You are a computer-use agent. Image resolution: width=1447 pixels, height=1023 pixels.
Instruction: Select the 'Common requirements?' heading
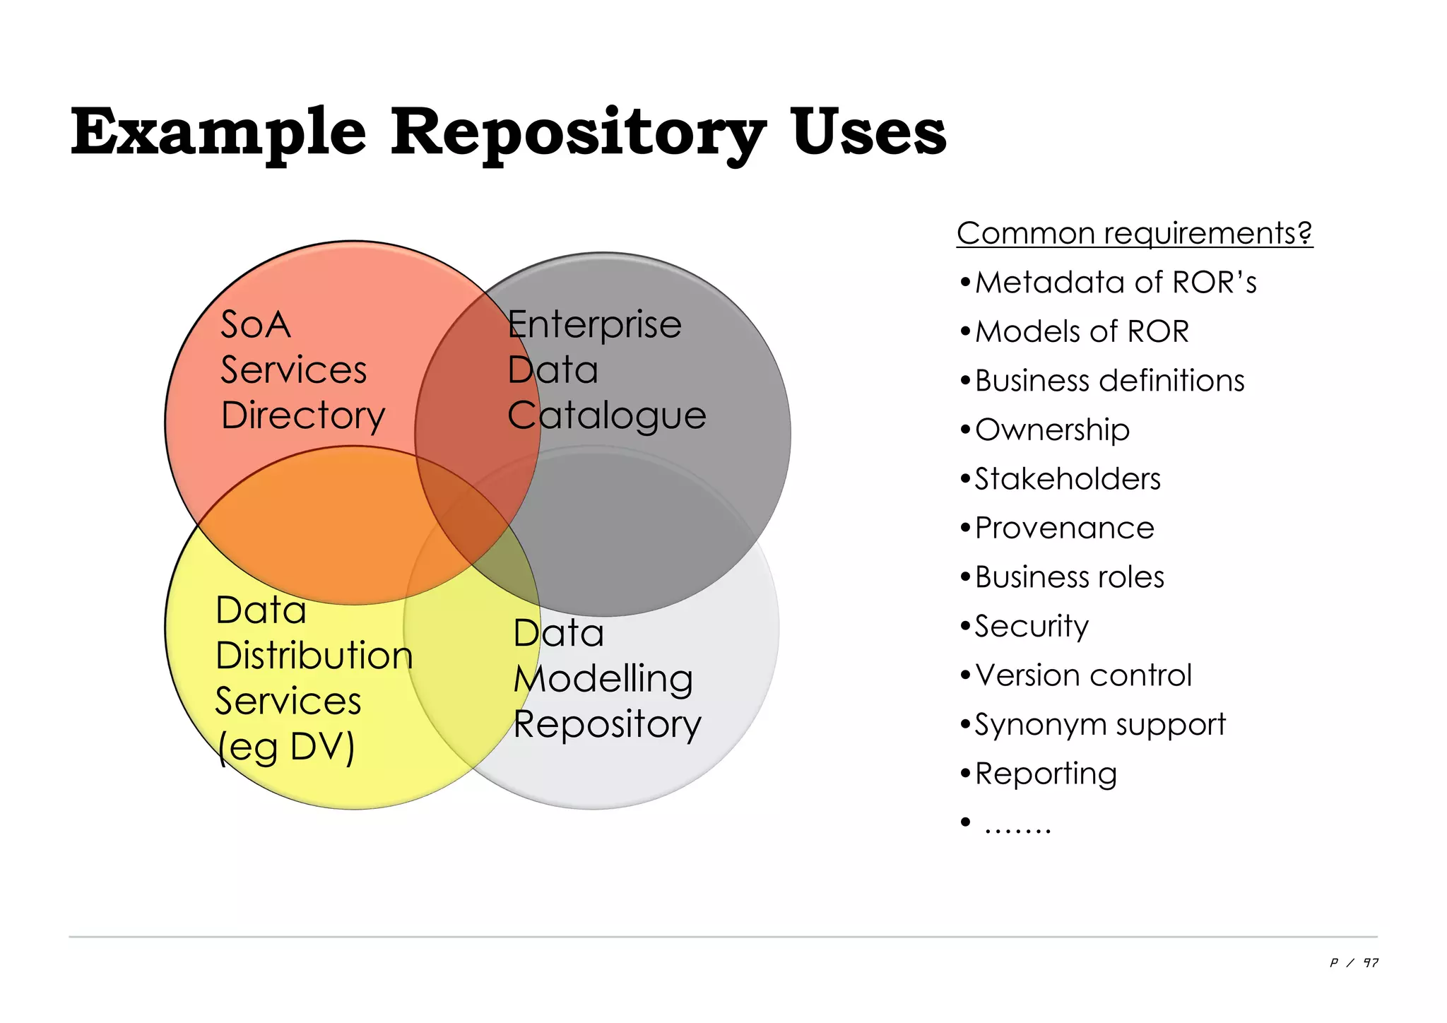click(1134, 233)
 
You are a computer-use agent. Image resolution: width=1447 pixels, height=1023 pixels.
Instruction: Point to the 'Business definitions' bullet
click(1109, 381)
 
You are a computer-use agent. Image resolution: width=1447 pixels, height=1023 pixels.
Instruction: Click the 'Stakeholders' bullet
click(1067, 479)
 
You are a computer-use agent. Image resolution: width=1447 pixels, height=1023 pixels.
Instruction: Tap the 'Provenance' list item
click(1064, 528)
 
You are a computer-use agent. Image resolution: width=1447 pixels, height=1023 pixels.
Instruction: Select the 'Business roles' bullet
click(1069, 577)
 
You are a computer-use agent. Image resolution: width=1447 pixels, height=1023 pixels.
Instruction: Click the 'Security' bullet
click(1031, 626)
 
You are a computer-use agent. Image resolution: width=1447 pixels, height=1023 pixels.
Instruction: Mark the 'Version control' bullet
click(1082, 675)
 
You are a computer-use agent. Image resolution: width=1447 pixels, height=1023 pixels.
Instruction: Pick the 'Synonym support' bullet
click(1099, 725)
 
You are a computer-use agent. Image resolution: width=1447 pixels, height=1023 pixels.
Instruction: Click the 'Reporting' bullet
click(1045, 774)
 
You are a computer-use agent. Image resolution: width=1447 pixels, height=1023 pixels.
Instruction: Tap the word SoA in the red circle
click(255, 325)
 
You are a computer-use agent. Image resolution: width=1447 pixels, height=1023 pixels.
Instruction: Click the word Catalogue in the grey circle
click(606, 415)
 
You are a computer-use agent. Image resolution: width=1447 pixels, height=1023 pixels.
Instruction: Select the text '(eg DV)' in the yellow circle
click(286, 747)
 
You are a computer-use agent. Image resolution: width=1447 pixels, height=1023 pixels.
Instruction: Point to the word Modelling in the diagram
click(603, 680)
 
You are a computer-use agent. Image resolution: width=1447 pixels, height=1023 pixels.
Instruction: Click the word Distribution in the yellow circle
click(314, 656)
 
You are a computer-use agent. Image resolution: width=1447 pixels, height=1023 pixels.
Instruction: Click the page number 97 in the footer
click(1370, 963)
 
